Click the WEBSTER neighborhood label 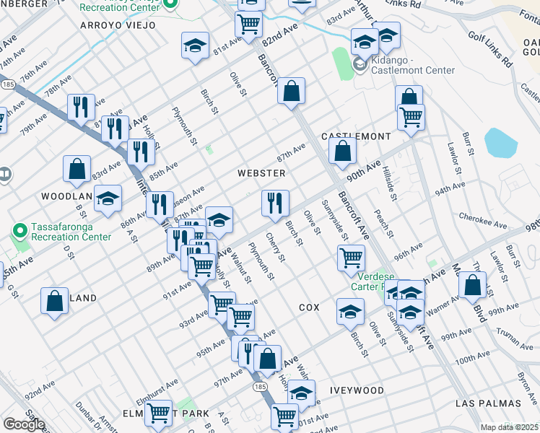point(262,173)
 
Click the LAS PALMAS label point(488,403)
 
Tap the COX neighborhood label point(309,307)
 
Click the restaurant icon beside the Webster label point(274,204)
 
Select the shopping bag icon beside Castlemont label point(343,152)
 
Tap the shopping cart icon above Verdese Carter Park point(351,257)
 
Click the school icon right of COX point(350,312)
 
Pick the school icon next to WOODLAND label point(108,199)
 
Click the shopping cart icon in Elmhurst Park point(158,414)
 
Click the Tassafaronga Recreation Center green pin point(20,230)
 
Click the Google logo point(24,424)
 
